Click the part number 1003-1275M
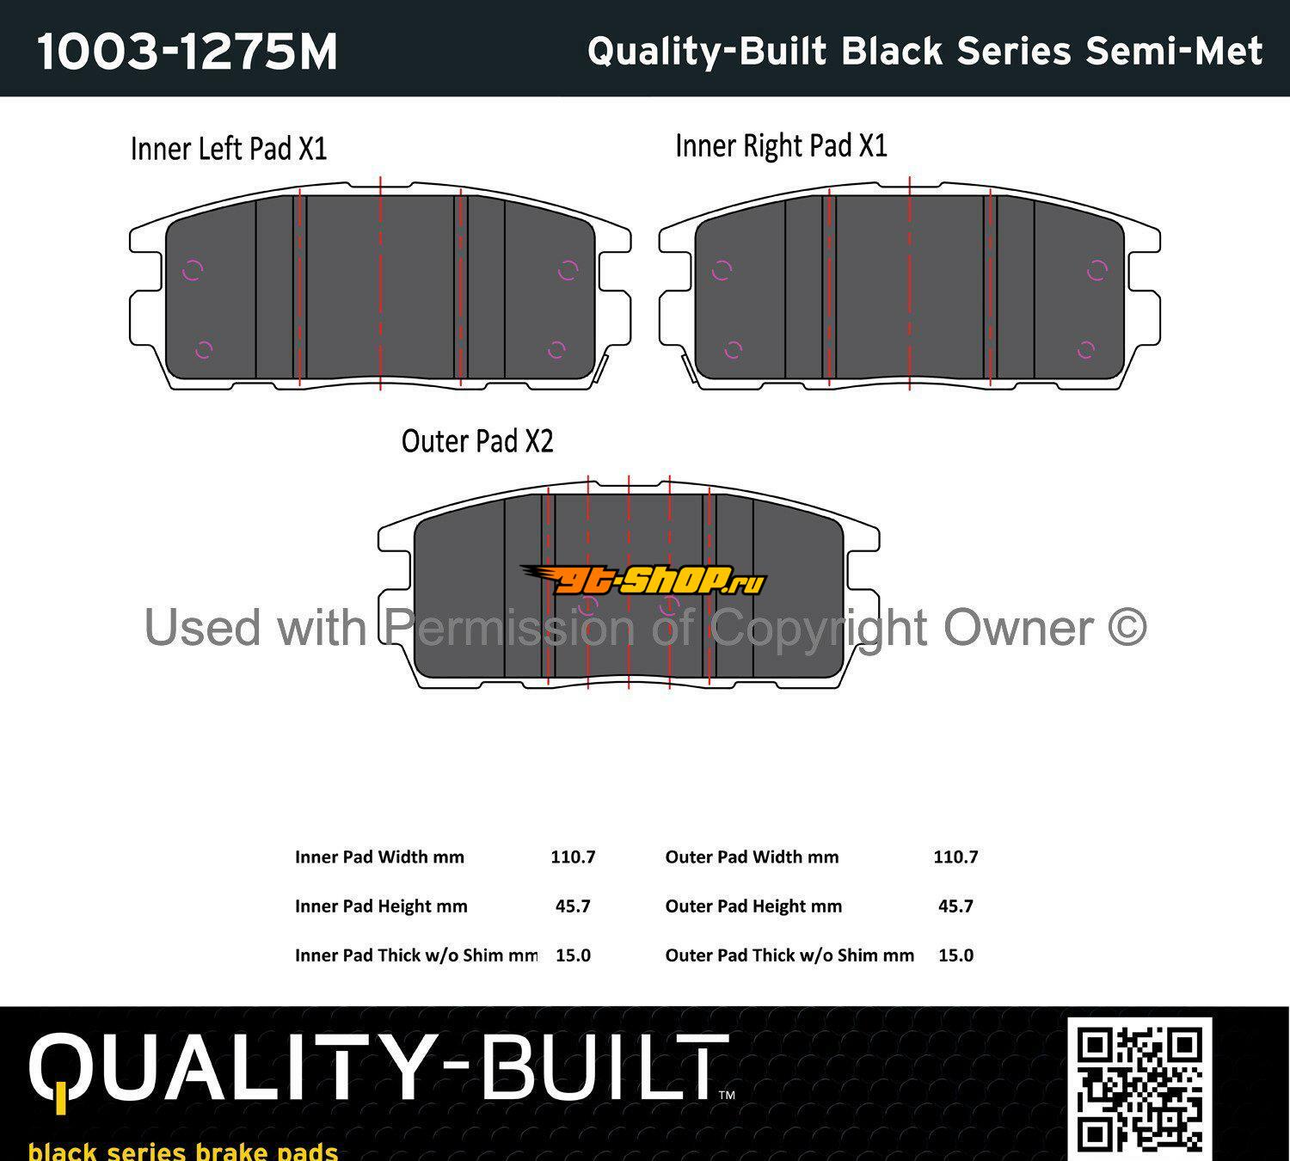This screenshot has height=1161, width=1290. tap(187, 52)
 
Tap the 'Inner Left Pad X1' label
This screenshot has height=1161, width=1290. tap(229, 149)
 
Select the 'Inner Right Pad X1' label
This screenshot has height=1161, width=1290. tap(782, 145)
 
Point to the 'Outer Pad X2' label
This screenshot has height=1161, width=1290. tap(477, 441)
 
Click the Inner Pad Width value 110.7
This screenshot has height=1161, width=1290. tap(573, 857)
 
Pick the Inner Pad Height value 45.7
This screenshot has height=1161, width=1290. tap(573, 906)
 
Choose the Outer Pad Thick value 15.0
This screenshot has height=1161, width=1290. tap(955, 955)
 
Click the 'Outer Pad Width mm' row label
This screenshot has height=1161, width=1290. tap(752, 857)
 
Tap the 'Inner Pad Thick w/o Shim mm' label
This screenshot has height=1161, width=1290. tap(416, 955)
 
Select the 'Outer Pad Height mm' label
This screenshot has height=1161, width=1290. tap(753, 906)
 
